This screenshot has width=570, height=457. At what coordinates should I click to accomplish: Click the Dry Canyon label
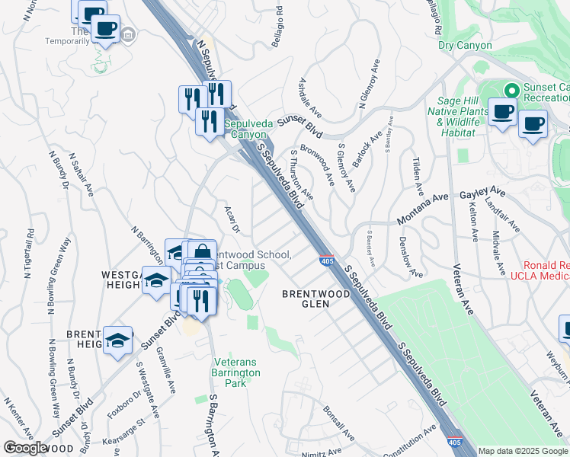coord(465,46)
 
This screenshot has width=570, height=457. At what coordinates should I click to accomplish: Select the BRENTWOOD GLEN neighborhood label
coord(306,298)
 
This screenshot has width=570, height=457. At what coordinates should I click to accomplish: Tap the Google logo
coord(25,448)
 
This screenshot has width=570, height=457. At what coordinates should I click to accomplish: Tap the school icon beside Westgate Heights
coord(156,280)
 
